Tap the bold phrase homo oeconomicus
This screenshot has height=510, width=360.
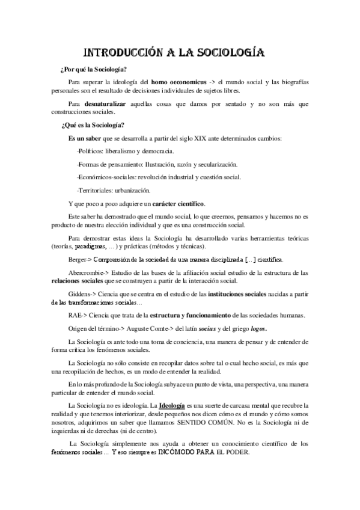point(175,81)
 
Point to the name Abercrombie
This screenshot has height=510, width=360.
point(89,273)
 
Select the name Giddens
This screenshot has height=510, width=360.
point(80,294)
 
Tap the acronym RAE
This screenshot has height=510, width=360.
point(76,315)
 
